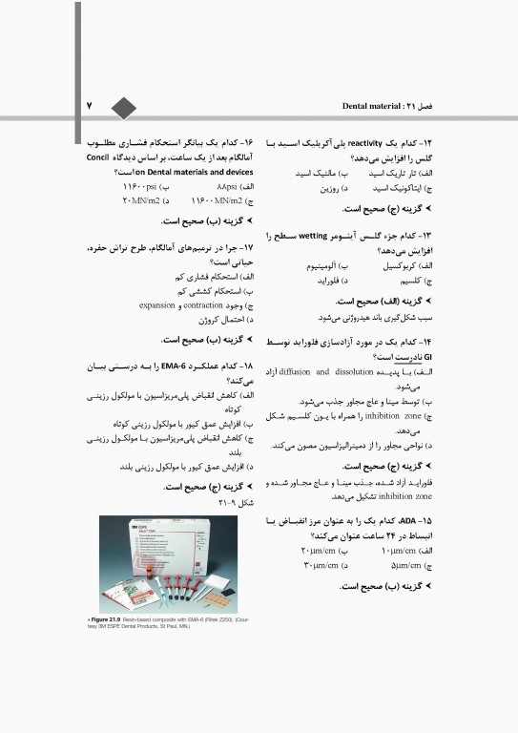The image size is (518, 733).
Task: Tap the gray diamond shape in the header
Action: coord(124,104)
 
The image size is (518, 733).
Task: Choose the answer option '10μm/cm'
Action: coord(410,552)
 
